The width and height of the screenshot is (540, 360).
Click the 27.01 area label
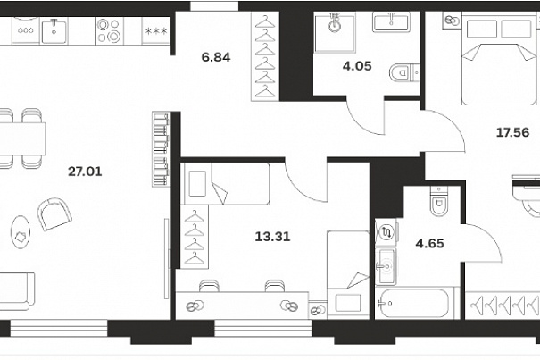click(85, 172)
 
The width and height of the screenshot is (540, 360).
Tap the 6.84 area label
click(216, 57)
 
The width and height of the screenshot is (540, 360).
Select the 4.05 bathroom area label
click(357, 66)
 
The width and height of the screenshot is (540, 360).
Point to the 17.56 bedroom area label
click(512, 132)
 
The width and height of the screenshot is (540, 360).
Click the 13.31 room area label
click(272, 237)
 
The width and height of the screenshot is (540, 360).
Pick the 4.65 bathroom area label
click(430, 244)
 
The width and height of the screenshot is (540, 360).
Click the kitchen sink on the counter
click(54, 31)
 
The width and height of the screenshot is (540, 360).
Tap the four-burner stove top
click(109, 30)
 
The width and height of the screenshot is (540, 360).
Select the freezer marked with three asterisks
click(156, 31)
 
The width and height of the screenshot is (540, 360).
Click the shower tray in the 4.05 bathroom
click(334, 33)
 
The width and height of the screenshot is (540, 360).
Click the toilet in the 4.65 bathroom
click(439, 201)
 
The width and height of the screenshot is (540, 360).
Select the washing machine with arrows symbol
click(386, 232)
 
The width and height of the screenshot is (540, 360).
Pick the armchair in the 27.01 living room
click(54, 214)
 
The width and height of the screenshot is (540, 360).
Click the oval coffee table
click(21, 231)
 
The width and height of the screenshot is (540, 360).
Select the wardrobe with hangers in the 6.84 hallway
click(265, 56)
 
